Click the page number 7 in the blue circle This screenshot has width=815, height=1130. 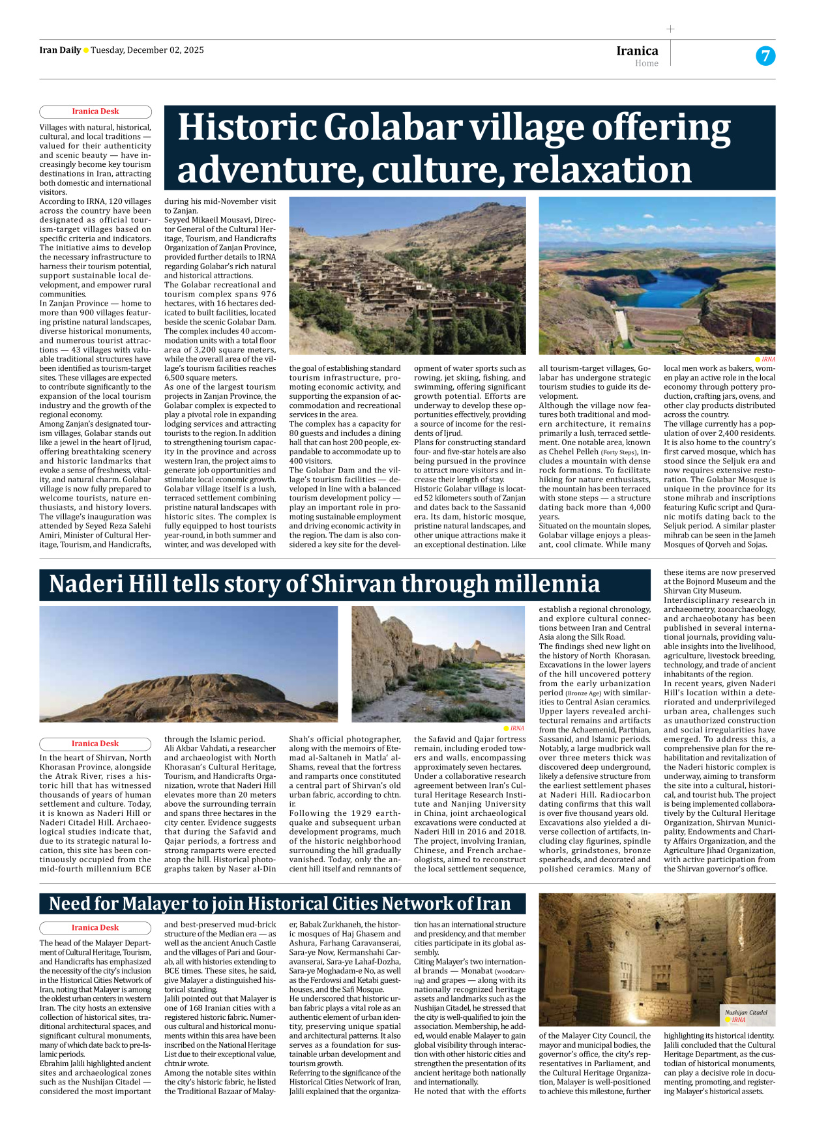click(765, 56)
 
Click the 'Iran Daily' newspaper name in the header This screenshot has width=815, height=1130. click(60, 50)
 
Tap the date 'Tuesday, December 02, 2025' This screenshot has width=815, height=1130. click(147, 50)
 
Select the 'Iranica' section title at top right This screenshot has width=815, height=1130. click(637, 51)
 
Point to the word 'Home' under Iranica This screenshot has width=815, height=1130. click(647, 63)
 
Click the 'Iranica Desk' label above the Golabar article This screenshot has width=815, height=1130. click(95, 111)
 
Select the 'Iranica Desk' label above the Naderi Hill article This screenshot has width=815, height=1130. click(95, 744)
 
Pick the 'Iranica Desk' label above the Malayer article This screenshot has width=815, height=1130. click(95, 927)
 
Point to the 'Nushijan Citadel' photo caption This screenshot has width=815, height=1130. click(746, 1013)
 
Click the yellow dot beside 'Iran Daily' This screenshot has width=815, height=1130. click(86, 50)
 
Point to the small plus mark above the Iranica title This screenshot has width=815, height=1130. click(670, 29)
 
